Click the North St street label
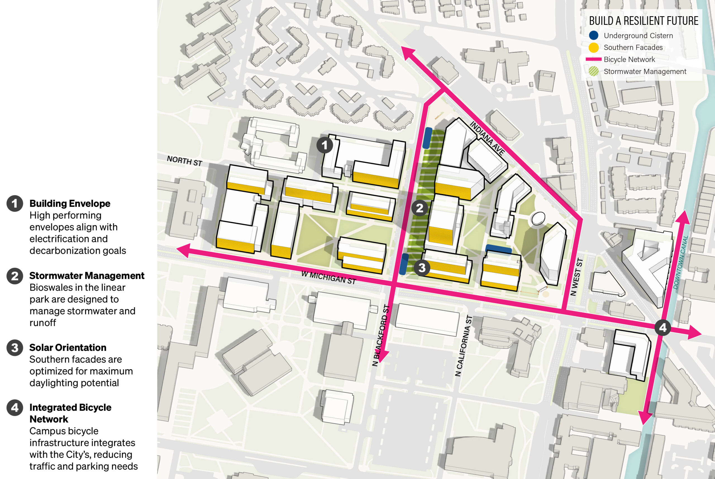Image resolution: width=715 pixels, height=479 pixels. (184, 161)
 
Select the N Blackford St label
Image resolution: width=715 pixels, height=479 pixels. (381, 335)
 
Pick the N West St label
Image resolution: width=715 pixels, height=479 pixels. (577, 277)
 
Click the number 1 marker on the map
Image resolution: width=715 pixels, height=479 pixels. (325, 145)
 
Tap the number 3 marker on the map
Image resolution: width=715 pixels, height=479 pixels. (422, 268)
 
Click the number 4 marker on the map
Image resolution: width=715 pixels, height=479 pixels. (663, 328)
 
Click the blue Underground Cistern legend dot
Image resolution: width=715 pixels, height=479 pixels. (594, 35)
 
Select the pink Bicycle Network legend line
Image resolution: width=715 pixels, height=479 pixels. (594, 59)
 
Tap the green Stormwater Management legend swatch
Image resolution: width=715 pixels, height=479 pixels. (594, 71)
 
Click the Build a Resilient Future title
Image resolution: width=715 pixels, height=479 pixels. (643, 21)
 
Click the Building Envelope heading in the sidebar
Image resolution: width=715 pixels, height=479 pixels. (70, 203)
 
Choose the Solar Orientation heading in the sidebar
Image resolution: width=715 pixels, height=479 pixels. (68, 347)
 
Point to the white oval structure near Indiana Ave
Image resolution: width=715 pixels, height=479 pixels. (538, 219)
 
